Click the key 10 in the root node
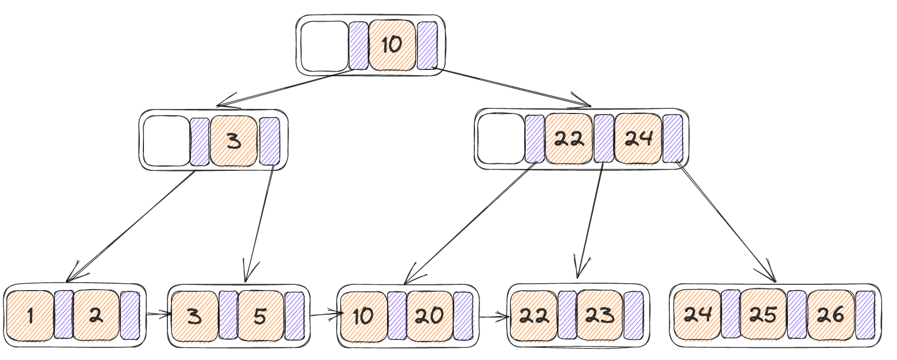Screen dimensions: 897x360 pos(392,45)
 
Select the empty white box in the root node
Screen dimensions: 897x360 pos(325,46)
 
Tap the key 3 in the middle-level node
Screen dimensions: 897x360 pos(234,140)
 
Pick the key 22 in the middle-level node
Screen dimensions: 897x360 pos(568,139)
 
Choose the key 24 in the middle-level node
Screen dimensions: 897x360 pos(638,139)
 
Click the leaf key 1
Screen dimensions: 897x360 pos(30,316)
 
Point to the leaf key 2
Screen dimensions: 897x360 pos(96,316)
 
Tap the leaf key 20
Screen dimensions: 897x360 pos(429,316)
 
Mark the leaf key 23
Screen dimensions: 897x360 pos(599,315)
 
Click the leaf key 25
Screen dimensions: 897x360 pos(763,314)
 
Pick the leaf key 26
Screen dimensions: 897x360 pos(830,314)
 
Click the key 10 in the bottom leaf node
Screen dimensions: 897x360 pos(364,316)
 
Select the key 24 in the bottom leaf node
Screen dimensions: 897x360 pos(697,314)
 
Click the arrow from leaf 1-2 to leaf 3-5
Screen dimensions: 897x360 pos(159,314)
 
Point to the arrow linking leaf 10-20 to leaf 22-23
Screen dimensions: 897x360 pos(494,318)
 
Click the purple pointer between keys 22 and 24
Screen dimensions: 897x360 pos(603,139)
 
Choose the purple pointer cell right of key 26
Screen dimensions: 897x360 pos(865,315)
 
